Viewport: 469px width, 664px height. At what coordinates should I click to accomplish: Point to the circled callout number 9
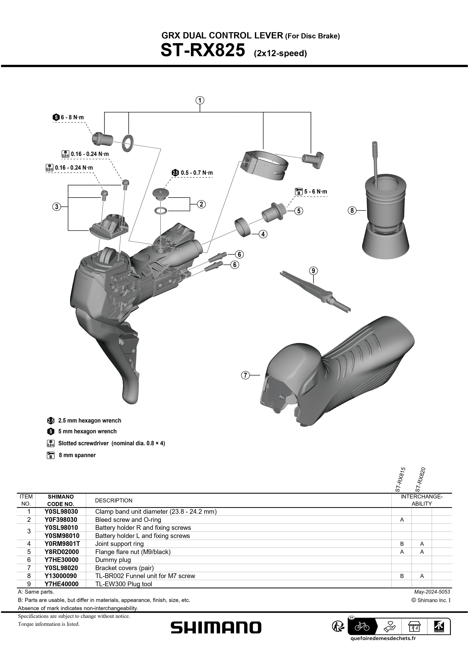[x=313, y=271]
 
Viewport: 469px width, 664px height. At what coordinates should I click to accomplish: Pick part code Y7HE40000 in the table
[x=61, y=584]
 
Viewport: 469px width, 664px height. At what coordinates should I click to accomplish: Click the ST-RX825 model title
[x=203, y=50]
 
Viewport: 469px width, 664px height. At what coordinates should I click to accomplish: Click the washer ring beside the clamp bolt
[x=128, y=142]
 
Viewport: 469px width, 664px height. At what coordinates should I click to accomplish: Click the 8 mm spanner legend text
[x=77, y=455]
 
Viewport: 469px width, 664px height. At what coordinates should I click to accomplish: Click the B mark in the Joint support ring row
[x=402, y=544]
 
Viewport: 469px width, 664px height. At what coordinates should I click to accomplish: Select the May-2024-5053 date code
[x=432, y=592]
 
